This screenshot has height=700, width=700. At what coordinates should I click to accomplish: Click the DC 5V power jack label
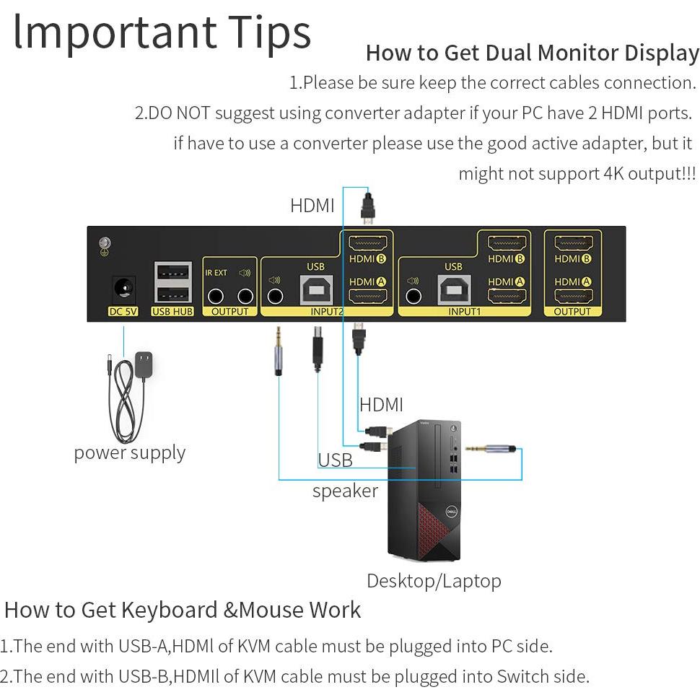[123, 312]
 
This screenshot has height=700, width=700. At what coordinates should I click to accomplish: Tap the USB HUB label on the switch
[172, 312]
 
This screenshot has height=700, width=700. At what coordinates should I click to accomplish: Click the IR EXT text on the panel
[216, 273]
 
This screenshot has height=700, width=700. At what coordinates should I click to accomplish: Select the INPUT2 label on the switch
[327, 312]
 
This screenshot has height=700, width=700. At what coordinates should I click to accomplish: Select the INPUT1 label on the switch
[464, 312]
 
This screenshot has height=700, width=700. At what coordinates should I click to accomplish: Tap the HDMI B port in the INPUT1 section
[506, 244]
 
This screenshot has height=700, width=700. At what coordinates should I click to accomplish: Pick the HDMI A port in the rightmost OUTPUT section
[573, 296]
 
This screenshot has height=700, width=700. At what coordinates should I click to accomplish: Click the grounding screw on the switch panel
[105, 245]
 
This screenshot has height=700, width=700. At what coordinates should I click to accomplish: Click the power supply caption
[129, 453]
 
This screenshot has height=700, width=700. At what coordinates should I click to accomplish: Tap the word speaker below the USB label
[345, 491]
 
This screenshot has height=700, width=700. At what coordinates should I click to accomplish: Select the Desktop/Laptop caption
[433, 581]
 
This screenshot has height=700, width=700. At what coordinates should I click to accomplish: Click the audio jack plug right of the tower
[491, 449]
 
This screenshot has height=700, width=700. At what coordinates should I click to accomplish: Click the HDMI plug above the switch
[367, 206]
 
